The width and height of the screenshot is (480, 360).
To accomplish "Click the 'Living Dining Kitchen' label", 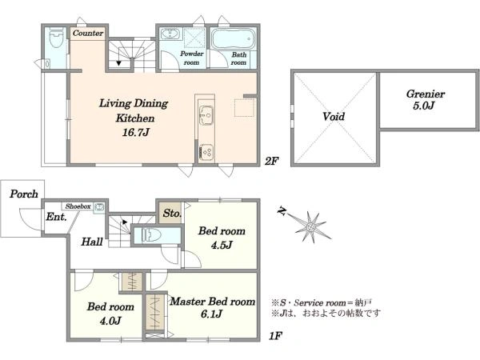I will click(131, 110).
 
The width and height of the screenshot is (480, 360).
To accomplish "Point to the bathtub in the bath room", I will click(233, 39).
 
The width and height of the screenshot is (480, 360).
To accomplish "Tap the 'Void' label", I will click(334, 117).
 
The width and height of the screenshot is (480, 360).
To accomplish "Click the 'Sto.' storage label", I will click(170, 214).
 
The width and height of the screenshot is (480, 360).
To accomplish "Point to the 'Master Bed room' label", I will click(212, 302).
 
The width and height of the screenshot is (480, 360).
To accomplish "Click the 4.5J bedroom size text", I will click(215, 245).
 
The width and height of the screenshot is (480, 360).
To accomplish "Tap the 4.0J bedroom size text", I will click(104, 322).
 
